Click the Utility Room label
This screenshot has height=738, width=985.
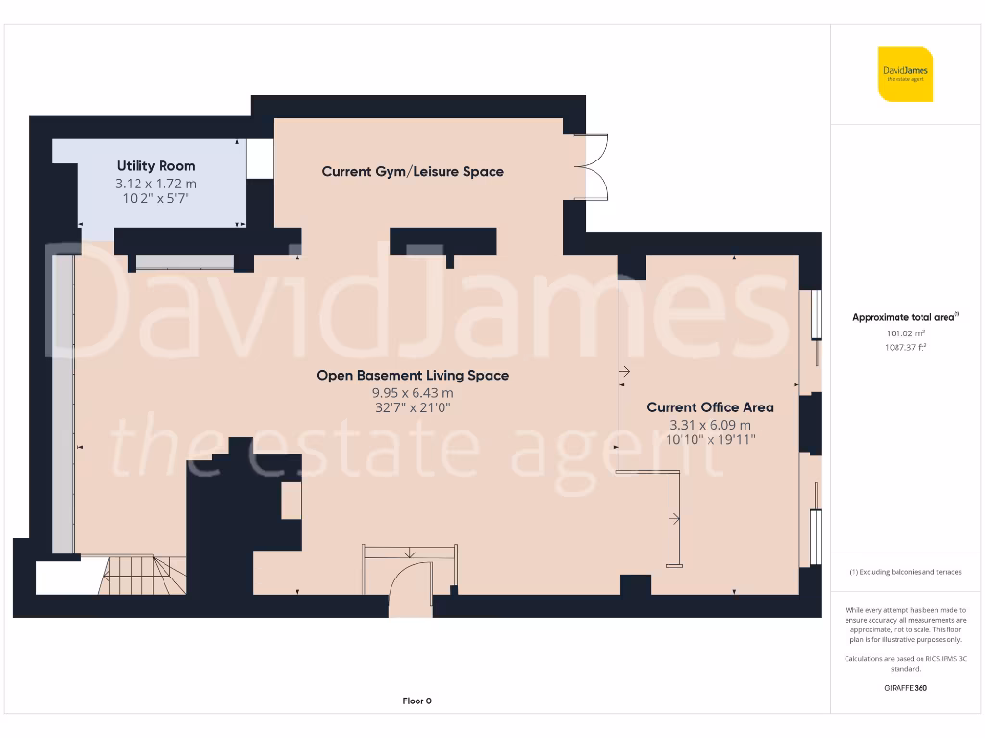point(156,166)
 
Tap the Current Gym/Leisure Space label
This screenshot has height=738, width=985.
point(413,172)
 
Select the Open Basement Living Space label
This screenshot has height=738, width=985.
point(413,376)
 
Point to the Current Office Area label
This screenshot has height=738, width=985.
point(710,407)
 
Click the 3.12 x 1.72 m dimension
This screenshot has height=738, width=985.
point(156,183)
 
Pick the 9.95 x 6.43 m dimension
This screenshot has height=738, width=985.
point(413,393)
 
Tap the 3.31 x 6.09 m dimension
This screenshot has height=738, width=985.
point(710,425)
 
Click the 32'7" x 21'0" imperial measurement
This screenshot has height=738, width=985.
point(413,408)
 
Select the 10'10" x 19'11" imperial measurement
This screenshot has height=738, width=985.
point(710,440)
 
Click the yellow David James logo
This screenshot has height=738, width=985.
point(905,74)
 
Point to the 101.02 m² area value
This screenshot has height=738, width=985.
point(904,333)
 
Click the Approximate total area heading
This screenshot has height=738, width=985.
point(905,317)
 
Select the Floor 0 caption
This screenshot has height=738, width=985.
point(417,701)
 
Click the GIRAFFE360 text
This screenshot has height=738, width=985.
point(904,688)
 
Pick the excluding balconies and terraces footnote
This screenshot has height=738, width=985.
point(904,572)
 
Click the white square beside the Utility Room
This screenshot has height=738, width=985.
point(260,160)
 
